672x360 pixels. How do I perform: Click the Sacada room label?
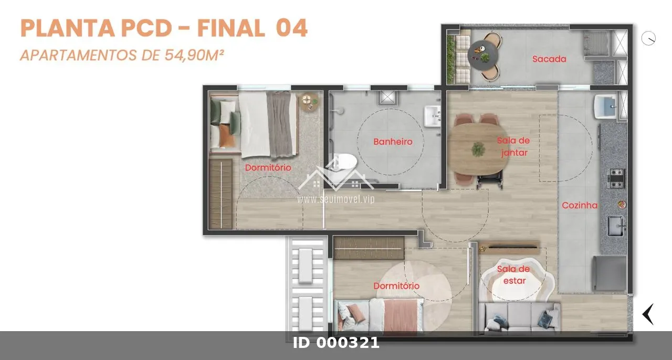tap(549, 59)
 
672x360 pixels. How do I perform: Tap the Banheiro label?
tap(393, 142)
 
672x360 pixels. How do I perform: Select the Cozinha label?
tap(580, 206)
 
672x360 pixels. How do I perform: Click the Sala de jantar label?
tap(513, 147)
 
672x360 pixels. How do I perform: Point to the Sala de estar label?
tap(513, 275)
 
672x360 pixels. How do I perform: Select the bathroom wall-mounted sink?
tap(432, 117)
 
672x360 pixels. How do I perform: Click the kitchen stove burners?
tap(616, 178)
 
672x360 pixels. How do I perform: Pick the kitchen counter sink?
tap(616, 226)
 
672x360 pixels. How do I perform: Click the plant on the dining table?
tap(477, 149)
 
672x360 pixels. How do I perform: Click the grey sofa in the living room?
tap(519, 317)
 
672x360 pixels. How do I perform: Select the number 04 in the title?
tap(291, 28)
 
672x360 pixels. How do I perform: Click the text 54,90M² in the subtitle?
tap(194, 55)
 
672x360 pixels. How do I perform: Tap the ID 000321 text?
tap(336, 343)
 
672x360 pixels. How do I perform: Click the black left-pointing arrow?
tap(648, 314)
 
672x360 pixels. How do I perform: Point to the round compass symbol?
tap(648, 38)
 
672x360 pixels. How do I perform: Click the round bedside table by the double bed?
tap(309, 102)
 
